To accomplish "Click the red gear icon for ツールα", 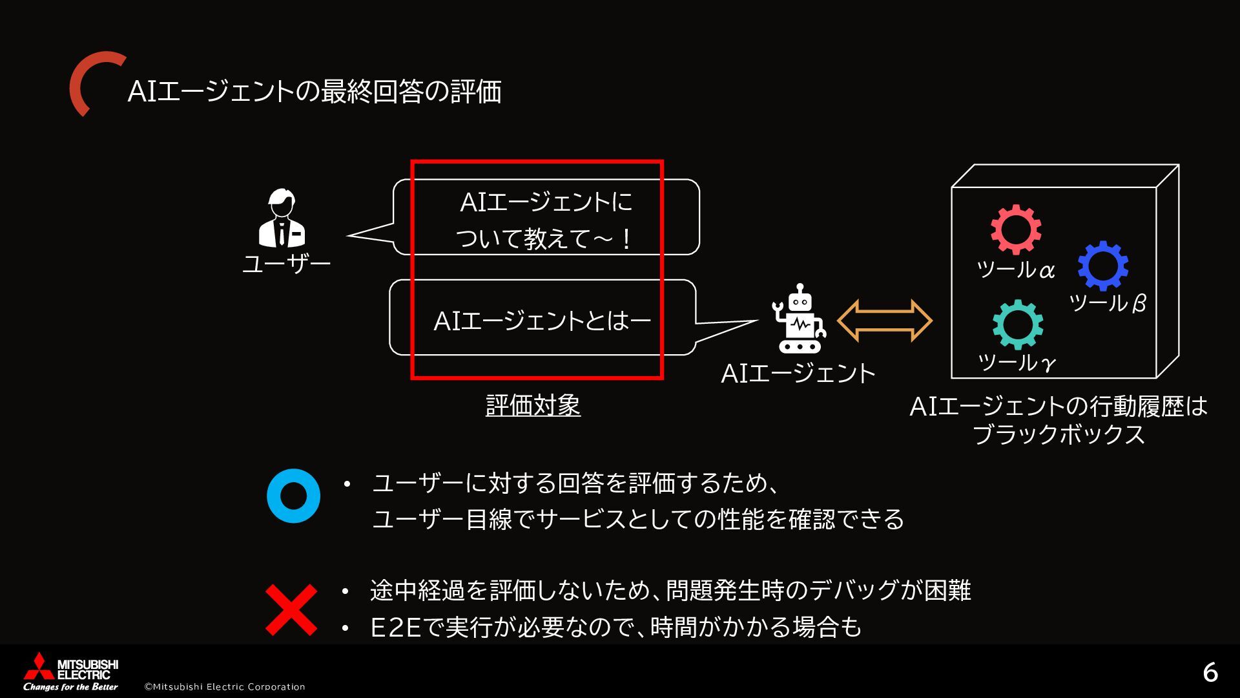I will (1016, 229).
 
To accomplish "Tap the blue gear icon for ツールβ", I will (1102, 266).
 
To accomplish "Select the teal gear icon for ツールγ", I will (1017, 324).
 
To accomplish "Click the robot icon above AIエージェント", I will (800, 319).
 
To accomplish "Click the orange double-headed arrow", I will (884, 320).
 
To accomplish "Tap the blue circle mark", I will (293, 496).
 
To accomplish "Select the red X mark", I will (292, 609).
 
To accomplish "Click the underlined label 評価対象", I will (533, 406).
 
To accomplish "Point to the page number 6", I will (1210, 673).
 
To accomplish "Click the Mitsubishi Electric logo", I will (70, 672).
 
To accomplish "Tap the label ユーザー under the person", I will (286, 264).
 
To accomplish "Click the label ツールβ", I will (1107, 302).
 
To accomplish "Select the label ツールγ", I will (1017, 363).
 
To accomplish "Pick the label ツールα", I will (1015, 270).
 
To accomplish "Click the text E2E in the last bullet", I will (396, 628).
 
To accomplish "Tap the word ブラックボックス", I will (1059, 434).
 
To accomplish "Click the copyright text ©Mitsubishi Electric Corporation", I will (224, 686).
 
